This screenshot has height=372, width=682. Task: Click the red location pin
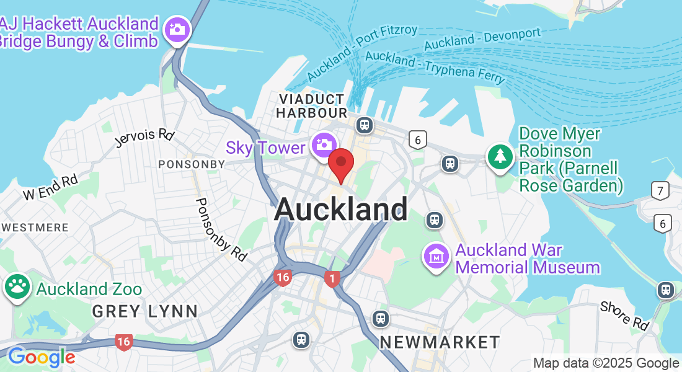(340, 164)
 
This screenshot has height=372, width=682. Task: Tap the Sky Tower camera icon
(323, 144)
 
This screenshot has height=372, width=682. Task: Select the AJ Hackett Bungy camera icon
(177, 29)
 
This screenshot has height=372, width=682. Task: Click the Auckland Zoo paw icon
(17, 286)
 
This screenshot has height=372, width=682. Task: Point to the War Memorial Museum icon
(436, 255)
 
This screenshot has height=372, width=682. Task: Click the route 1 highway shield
(333, 279)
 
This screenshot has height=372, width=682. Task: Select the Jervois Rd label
(144, 138)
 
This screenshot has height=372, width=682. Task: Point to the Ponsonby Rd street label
(221, 229)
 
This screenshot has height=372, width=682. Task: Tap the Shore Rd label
(624, 316)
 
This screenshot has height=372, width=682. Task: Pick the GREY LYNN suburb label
(144, 311)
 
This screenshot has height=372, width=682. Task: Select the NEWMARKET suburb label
(440, 342)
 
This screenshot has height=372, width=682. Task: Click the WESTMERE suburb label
(35, 228)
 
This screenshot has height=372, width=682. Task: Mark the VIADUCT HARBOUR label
(311, 106)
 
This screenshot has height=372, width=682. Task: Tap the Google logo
(42, 357)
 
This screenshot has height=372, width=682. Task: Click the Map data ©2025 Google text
(606, 363)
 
